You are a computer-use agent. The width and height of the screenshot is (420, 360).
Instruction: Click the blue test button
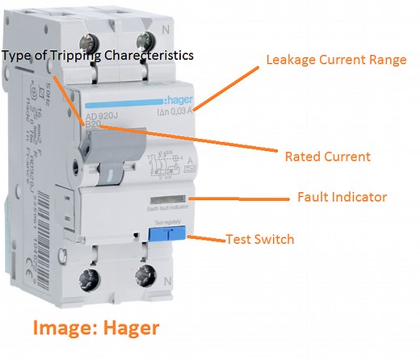click(x=166, y=234)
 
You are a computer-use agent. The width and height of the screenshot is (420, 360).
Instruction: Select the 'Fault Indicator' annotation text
click(x=342, y=196)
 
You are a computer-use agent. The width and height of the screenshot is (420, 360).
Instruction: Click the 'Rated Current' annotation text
click(x=329, y=156)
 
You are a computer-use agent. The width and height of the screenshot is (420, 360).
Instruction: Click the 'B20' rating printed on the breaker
click(x=94, y=127)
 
